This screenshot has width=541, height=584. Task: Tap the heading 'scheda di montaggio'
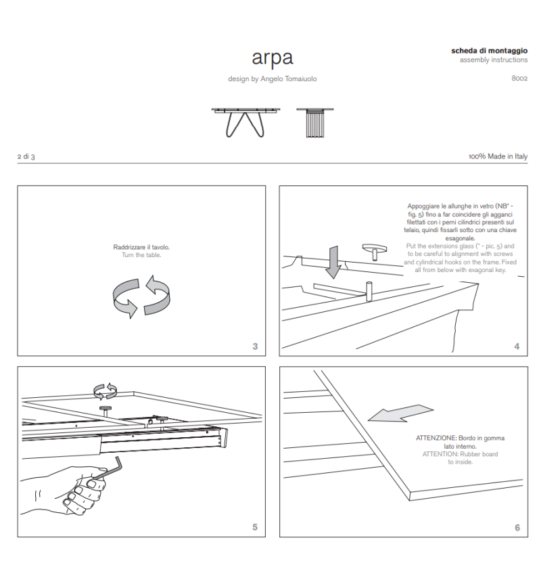pyautogui.click(x=490, y=51)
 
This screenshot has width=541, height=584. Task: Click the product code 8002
pyautogui.click(x=519, y=78)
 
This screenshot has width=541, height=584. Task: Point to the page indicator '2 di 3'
pyautogui.click(x=26, y=157)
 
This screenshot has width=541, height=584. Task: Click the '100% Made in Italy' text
pyautogui.click(x=498, y=157)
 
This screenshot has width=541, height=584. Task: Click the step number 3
pyautogui.click(x=255, y=346)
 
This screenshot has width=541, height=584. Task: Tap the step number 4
pyautogui.click(x=517, y=346)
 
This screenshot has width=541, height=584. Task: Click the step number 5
pyautogui.click(x=255, y=527)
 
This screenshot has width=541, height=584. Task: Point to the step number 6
pyautogui.click(x=517, y=528)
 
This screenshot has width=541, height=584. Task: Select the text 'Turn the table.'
pyautogui.click(x=141, y=255)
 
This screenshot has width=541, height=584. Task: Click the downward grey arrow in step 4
pyautogui.click(x=333, y=263)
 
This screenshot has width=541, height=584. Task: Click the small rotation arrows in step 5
pyautogui.click(x=105, y=390)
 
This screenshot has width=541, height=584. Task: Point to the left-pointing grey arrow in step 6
pyautogui.click(x=400, y=414)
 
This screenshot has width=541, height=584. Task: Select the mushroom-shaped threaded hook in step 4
pyautogui.click(x=372, y=250)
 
